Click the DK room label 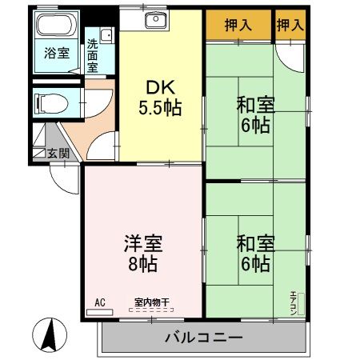click(x=159, y=87)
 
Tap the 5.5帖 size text click(x=160, y=108)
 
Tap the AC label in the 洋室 click(x=100, y=302)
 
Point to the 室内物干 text click(x=151, y=302)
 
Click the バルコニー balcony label click(x=204, y=337)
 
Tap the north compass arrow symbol click(x=49, y=334)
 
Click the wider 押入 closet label click(x=238, y=25)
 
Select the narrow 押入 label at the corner click(x=290, y=25)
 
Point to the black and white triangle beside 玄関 click(x=38, y=151)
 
